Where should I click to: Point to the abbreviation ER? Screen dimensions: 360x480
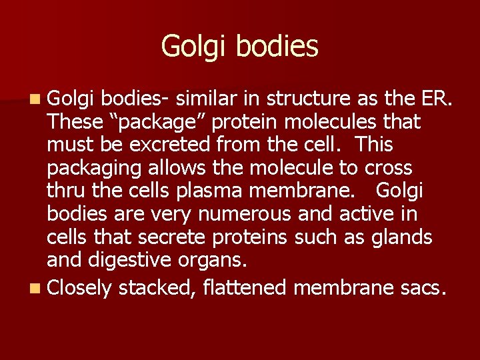[x=437, y=99]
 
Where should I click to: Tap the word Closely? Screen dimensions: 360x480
[x=79, y=288]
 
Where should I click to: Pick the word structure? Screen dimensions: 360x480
[x=313, y=99]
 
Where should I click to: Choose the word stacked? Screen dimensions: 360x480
[x=155, y=287]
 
